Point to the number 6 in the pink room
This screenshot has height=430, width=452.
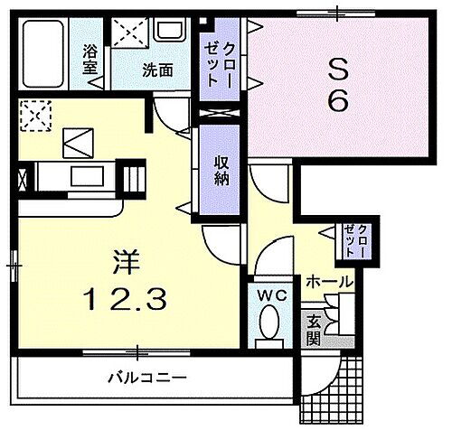pyautogui.click(x=337, y=100)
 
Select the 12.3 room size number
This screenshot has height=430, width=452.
pyautogui.click(x=125, y=295)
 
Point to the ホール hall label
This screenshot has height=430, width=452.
pyautogui.click(x=329, y=282)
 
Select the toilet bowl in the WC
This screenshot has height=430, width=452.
pyautogui.click(x=268, y=322)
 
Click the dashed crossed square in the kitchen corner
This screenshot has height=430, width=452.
pyautogui.click(x=35, y=115)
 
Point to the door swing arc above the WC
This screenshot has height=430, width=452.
pyautogui.click(x=271, y=263)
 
